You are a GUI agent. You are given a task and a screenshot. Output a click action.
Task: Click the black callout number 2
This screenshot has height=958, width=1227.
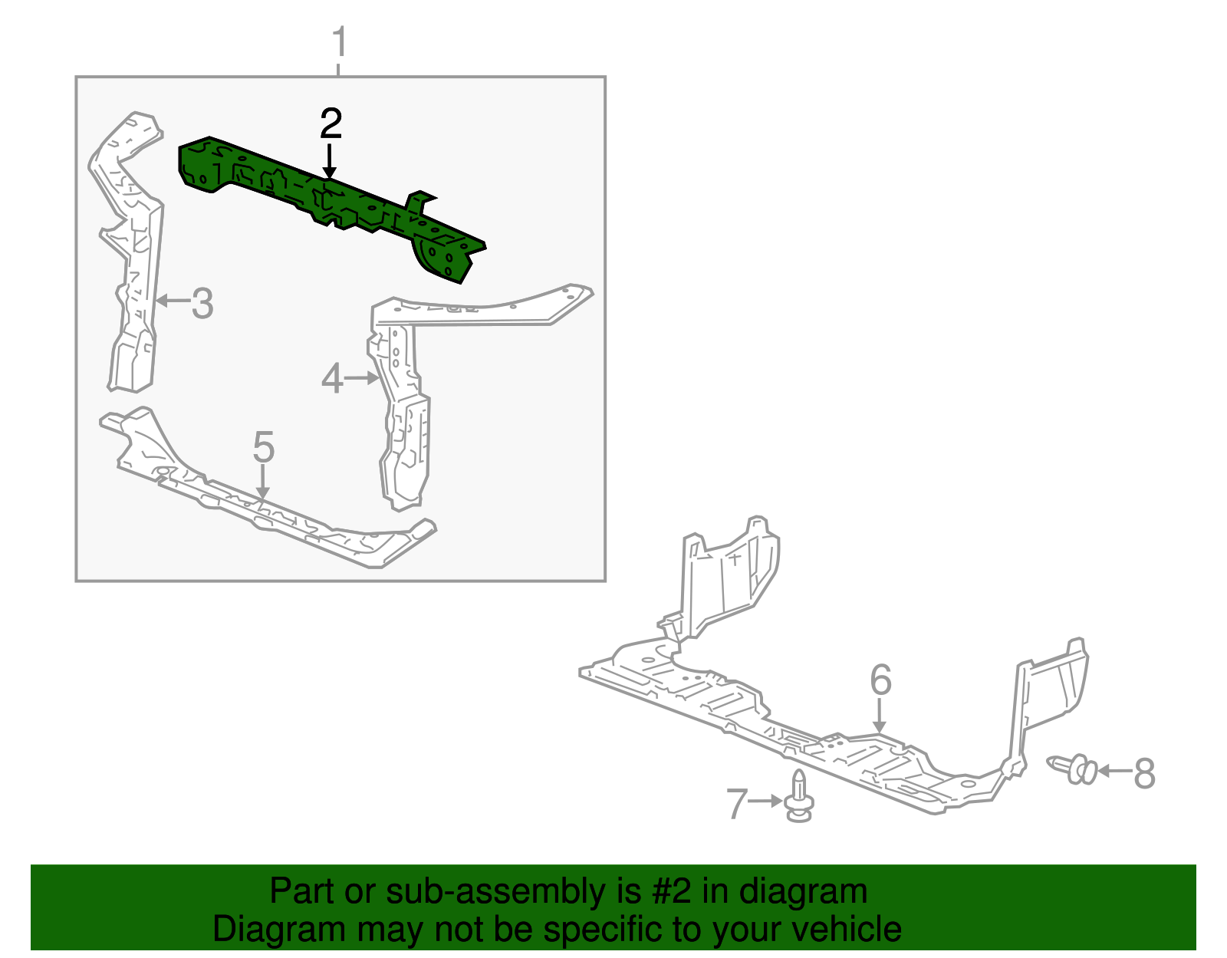pyautogui.click(x=331, y=123)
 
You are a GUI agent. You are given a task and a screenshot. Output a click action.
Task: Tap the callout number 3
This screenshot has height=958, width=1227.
pyautogui.click(x=202, y=303)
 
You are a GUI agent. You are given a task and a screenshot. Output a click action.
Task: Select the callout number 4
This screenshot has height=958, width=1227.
pyautogui.click(x=331, y=378)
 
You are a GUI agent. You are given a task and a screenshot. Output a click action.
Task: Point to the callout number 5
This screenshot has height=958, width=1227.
pyautogui.click(x=263, y=447)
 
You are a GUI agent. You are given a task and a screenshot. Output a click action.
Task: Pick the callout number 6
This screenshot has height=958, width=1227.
pyautogui.click(x=880, y=680)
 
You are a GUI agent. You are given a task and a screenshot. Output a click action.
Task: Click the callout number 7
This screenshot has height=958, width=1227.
pyautogui.click(x=737, y=803)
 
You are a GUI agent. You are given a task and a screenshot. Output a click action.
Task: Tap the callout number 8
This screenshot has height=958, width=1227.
pyautogui.click(x=1143, y=772)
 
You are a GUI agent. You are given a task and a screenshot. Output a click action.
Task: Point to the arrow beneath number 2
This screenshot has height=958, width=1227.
pyautogui.click(x=330, y=161)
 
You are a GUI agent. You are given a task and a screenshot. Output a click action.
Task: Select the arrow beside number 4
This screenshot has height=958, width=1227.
pyautogui.click(x=362, y=377)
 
